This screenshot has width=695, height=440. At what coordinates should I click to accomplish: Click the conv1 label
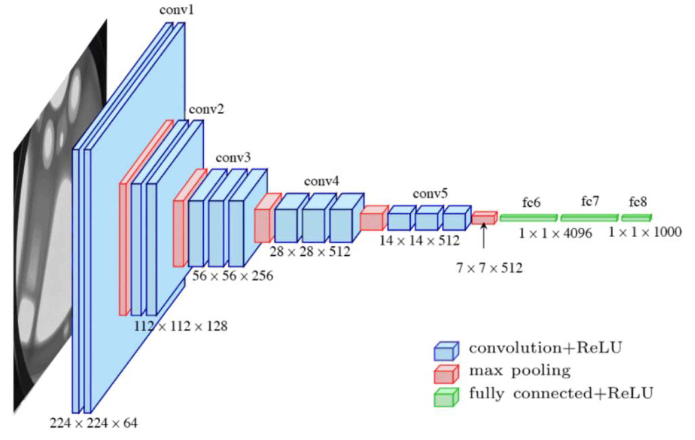pyautogui.click(x=176, y=10)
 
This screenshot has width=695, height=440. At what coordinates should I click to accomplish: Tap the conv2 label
pyautogui.click(x=206, y=110)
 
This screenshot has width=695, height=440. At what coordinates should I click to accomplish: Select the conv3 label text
pyautogui.click(x=233, y=158)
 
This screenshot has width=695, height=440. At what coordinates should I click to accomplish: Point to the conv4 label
pyautogui.click(x=322, y=181)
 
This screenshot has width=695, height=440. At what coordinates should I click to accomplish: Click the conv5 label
pyautogui.click(x=430, y=194)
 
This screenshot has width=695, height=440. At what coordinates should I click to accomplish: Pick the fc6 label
pyautogui.click(x=531, y=203)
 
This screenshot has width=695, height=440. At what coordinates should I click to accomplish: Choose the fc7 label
pyautogui.click(x=590, y=201)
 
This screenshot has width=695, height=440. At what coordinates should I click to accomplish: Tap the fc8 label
pyautogui.click(x=638, y=202)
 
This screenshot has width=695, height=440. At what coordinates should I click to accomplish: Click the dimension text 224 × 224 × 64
pyautogui.click(x=93, y=423)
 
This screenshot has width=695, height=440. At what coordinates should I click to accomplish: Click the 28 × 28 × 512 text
pyautogui.click(x=310, y=252)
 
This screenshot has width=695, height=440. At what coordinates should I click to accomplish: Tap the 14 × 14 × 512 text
pyautogui.click(x=419, y=240)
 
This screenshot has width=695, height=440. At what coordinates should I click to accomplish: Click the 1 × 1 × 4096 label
pyautogui.click(x=555, y=233)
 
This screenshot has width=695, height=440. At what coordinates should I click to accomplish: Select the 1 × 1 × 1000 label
pyautogui.click(x=645, y=232)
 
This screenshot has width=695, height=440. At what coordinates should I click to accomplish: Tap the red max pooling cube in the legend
pyautogui.click(x=446, y=374)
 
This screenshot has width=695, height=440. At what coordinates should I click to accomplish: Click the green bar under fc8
pyautogui.click(x=636, y=218)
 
